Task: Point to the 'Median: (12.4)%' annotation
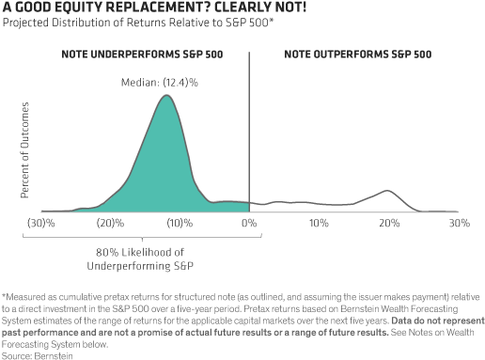[165, 83]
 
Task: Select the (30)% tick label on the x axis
[39, 226]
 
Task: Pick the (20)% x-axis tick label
[105, 226]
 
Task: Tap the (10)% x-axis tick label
[176, 226]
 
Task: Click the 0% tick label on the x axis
[249, 226]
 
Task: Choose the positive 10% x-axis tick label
[318, 226]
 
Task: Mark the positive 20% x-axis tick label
[388, 226]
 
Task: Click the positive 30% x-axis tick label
[458, 226]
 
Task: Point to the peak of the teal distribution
[165, 97]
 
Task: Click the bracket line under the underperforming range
[141, 241]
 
